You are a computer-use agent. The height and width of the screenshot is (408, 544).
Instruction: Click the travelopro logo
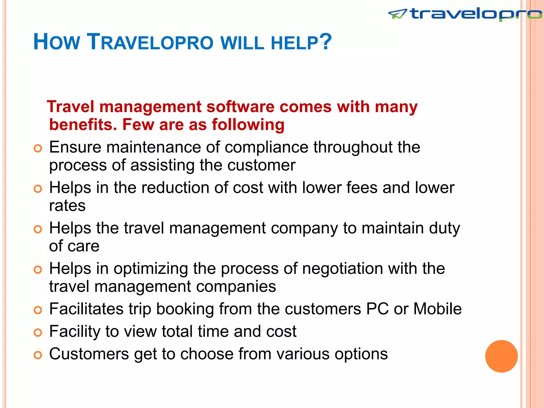coord(465,14)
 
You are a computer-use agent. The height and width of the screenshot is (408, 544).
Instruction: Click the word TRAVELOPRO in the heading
coord(150,42)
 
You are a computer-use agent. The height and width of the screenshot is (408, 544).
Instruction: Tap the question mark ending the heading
coord(325,41)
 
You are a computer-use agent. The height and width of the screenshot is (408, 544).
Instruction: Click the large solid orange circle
coord(501,356)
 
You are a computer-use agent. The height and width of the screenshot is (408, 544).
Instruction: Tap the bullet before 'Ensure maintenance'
coord(38,148)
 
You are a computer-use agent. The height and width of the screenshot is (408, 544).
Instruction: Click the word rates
coord(67,206)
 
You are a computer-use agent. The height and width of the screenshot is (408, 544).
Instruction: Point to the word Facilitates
coord(86,309)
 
